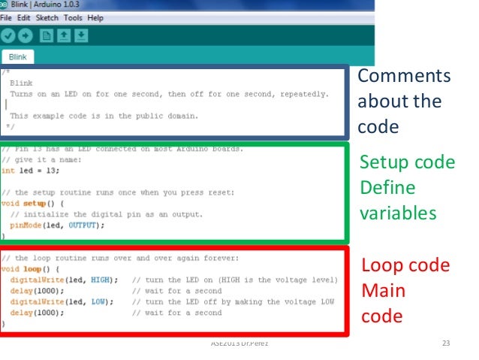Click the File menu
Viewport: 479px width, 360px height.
(x=8, y=17)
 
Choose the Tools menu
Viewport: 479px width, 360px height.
(x=74, y=17)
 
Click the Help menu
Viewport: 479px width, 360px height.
(x=95, y=17)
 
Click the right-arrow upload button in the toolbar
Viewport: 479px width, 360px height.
(x=26, y=35)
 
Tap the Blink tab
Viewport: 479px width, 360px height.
(x=18, y=57)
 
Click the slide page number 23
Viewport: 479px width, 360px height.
(x=446, y=344)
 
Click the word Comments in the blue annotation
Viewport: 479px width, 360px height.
(x=404, y=77)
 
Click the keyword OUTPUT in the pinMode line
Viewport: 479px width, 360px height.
(x=84, y=225)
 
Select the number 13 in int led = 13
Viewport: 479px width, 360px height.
(x=52, y=171)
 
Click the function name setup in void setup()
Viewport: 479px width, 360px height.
(x=34, y=203)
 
